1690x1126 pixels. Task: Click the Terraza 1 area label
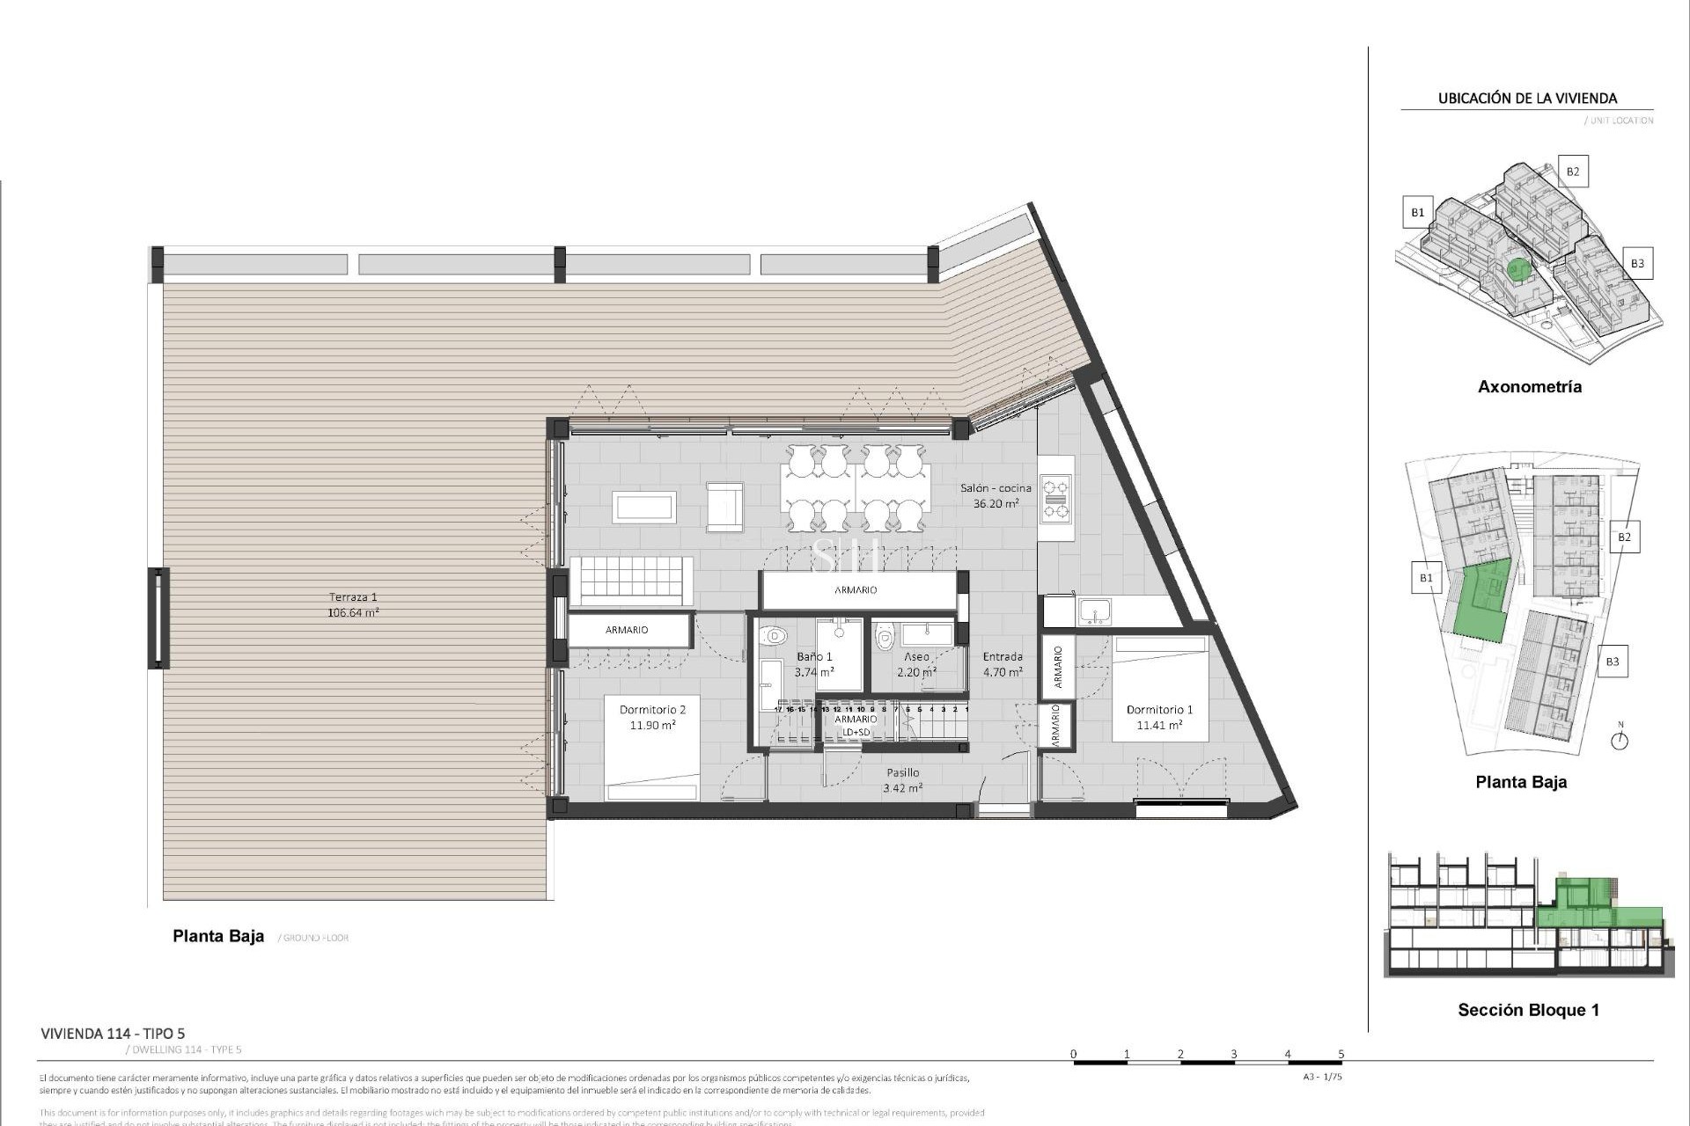click(x=353, y=604)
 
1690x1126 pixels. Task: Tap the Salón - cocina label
click(x=996, y=495)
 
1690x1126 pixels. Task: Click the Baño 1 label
click(x=814, y=664)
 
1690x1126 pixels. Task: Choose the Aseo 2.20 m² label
click(x=916, y=664)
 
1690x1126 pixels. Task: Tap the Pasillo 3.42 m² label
click(x=902, y=780)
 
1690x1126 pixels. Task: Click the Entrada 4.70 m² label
click(x=1003, y=664)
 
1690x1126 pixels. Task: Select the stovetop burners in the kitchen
click(x=1055, y=499)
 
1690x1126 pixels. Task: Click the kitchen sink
click(x=1095, y=611)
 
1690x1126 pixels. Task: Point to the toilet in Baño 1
click(x=774, y=635)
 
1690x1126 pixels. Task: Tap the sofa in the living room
click(x=631, y=581)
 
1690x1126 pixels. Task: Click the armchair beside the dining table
click(x=724, y=507)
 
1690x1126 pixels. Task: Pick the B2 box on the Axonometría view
click(x=1572, y=172)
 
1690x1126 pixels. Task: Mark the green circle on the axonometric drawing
click(x=1516, y=268)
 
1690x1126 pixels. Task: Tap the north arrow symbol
click(x=1620, y=739)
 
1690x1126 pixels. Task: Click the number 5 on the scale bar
click(x=1341, y=1054)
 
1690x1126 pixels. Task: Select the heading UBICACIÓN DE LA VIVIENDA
click(x=1527, y=99)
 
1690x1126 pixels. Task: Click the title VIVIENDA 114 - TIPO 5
click(x=113, y=1034)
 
